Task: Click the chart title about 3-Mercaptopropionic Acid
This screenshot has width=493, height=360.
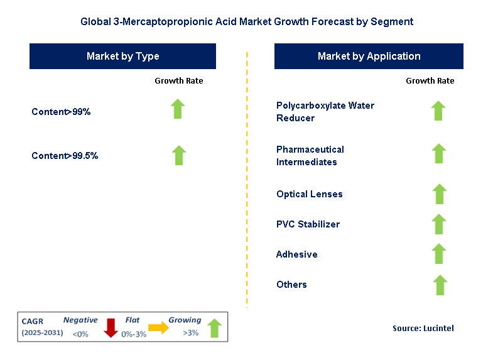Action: (247, 21)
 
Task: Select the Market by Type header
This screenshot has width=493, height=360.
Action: (122, 57)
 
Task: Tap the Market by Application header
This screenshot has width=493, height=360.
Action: (369, 57)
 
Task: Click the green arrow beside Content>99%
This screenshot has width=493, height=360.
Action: (179, 109)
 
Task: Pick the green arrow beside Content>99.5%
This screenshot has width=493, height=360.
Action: (179, 155)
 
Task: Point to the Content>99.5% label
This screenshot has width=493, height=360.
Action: (65, 156)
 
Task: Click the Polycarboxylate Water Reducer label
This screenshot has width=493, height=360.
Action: (325, 111)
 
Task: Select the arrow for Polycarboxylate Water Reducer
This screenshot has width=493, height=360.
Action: (438, 111)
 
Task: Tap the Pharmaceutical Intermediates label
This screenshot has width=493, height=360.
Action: (310, 155)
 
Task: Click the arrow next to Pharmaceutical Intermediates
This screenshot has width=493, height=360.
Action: (438, 153)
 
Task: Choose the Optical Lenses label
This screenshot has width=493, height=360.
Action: (310, 194)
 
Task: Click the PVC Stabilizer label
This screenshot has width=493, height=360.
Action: (308, 224)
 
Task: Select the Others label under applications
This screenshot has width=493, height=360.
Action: (291, 285)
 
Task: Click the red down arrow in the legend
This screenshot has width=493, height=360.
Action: (111, 327)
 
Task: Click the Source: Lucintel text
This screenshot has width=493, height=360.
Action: (423, 328)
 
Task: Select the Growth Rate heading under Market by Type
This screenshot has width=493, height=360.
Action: (179, 81)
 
